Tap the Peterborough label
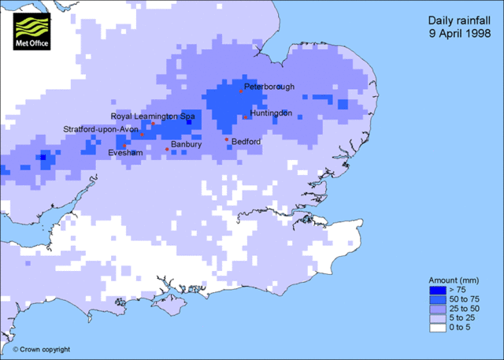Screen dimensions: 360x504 [269, 85]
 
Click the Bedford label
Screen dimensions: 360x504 [246, 142]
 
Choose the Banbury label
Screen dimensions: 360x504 [187, 145]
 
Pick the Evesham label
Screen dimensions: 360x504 [124, 152]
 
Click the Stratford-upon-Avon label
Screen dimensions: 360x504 [101, 128]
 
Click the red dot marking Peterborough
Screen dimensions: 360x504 [241, 91]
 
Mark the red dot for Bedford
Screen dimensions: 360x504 [227, 140]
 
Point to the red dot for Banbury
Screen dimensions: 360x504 [167, 149]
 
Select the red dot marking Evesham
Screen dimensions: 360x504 [124, 146]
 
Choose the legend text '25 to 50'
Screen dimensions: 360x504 [465, 310]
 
